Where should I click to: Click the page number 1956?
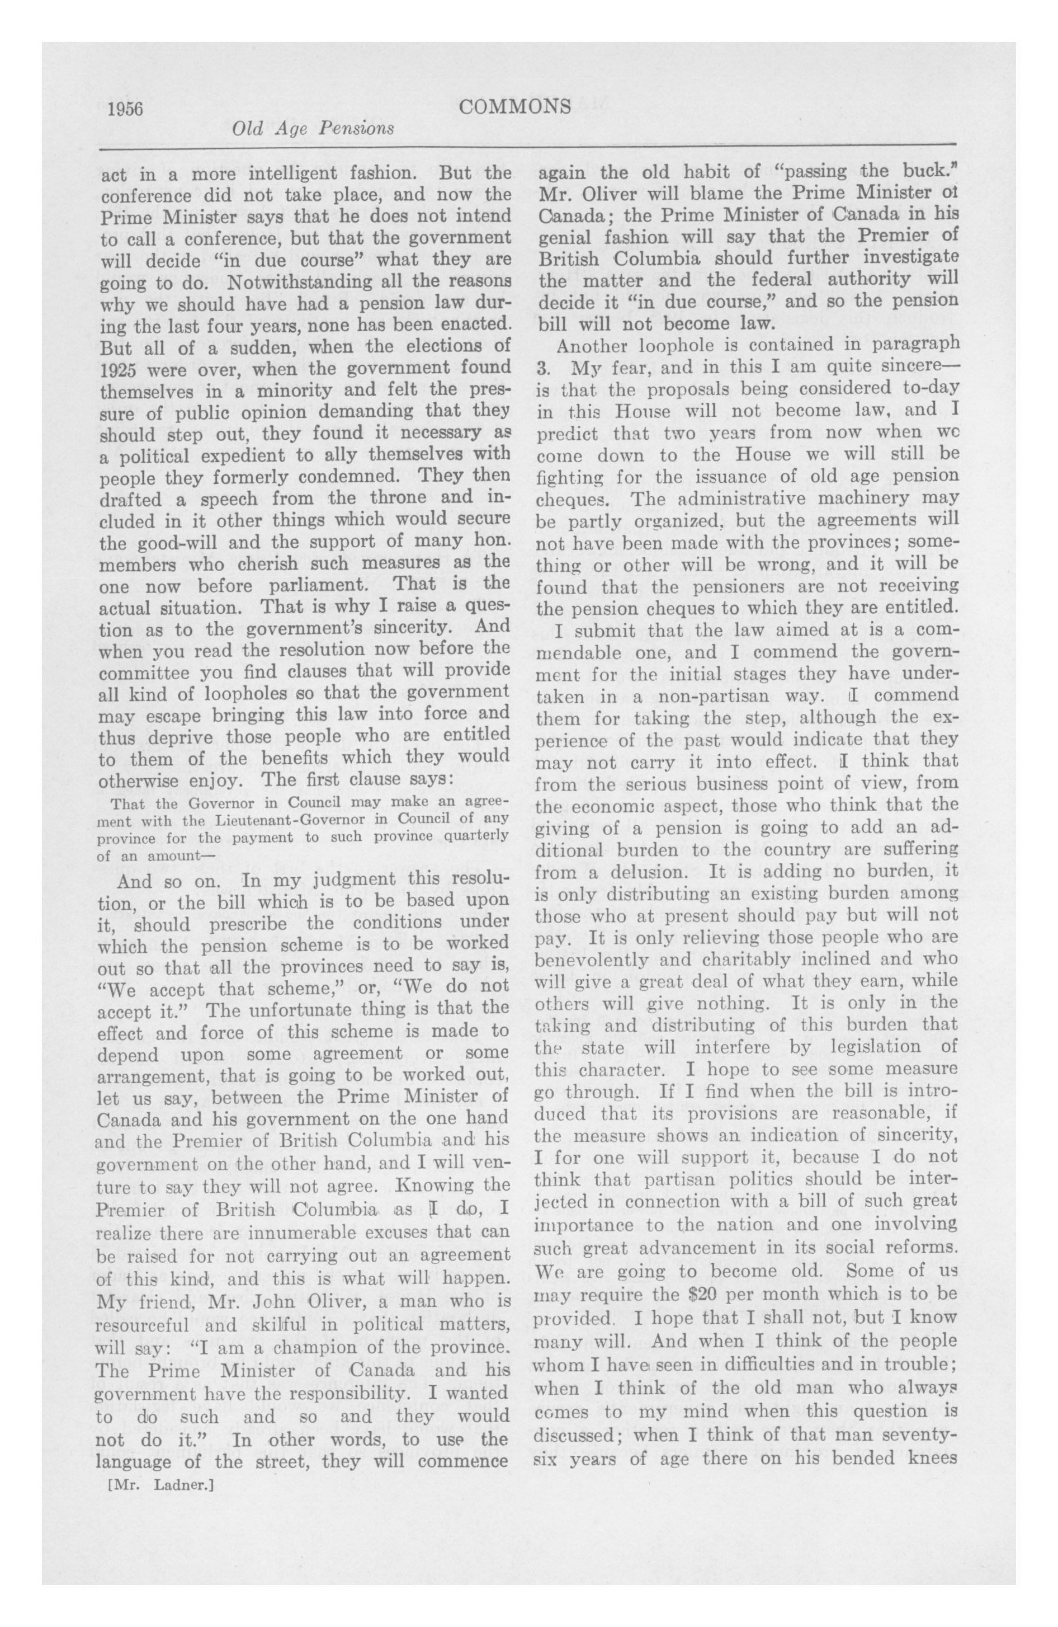coord(125,109)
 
